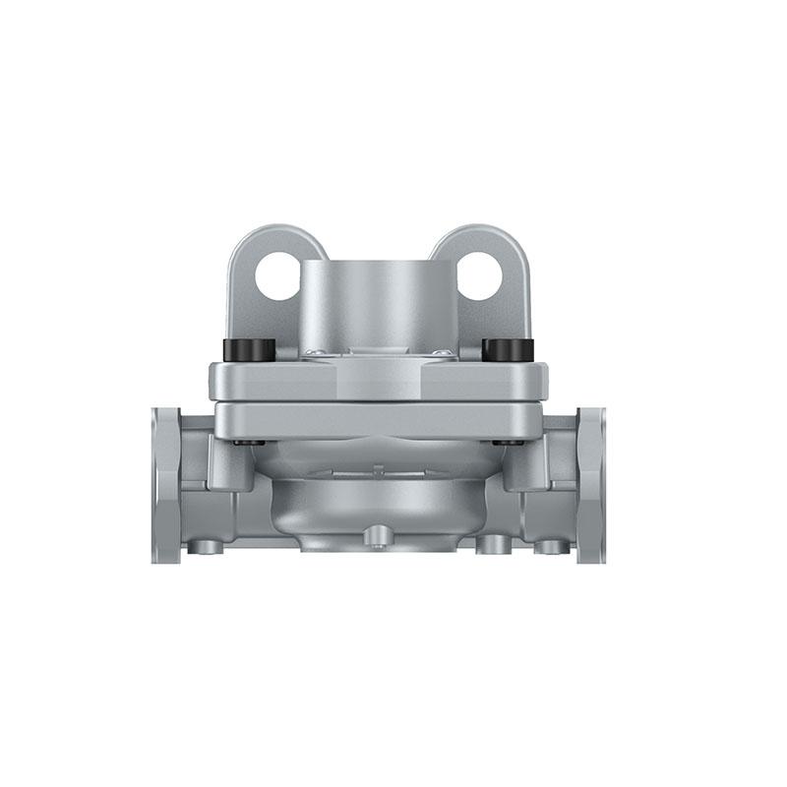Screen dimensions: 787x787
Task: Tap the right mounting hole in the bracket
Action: click(x=480, y=276)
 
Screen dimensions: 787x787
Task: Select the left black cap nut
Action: click(x=250, y=349)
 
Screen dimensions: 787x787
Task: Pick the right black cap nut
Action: click(x=508, y=349)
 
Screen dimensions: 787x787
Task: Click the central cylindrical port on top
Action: click(x=379, y=300)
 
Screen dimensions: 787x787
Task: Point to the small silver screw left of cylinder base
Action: click(x=313, y=352)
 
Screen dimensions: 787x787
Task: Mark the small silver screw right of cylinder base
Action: click(x=444, y=352)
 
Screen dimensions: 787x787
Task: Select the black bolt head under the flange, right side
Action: click(x=507, y=443)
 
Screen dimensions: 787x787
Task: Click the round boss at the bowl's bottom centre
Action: click(x=379, y=534)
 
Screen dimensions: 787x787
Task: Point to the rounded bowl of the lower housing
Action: click(x=379, y=497)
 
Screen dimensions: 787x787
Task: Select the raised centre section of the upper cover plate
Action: click(x=379, y=378)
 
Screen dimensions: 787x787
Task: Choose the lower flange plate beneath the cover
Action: click(x=379, y=420)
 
